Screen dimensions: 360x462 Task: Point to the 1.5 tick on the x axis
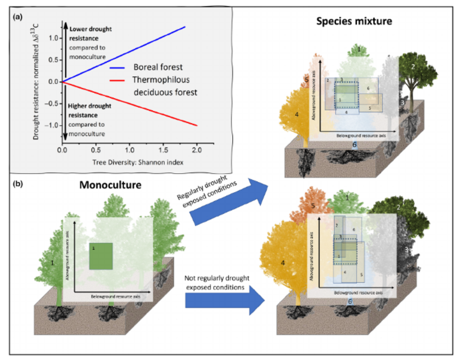(x=164, y=148)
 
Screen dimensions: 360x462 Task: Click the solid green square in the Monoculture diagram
(x=101, y=256)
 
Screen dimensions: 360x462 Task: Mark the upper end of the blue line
(x=185, y=27)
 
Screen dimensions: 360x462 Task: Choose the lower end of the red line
(x=198, y=125)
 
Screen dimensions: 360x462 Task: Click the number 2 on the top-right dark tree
(x=413, y=67)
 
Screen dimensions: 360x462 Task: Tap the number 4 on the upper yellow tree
(x=297, y=115)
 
